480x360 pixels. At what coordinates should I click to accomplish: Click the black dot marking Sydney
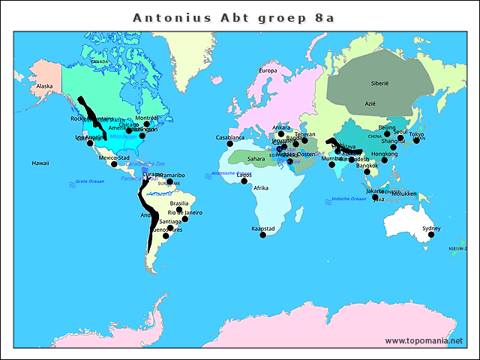(x=431, y=235)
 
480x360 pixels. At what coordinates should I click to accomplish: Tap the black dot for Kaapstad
(x=262, y=235)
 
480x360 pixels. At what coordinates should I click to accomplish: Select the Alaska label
(x=44, y=86)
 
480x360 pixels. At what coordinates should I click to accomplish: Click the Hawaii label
(x=40, y=163)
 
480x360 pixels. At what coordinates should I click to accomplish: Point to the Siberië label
(x=381, y=83)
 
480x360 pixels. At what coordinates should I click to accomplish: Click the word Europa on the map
(x=268, y=70)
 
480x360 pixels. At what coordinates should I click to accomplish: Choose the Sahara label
(x=256, y=159)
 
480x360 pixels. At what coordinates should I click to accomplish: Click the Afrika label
(x=261, y=187)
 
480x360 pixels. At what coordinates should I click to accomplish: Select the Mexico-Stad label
(x=115, y=158)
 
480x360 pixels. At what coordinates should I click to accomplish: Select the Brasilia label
(x=179, y=203)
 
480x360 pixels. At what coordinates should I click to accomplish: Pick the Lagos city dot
(x=244, y=181)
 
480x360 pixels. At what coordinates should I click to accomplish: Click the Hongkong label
(x=384, y=154)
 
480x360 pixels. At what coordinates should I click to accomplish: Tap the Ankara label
(x=281, y=127)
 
